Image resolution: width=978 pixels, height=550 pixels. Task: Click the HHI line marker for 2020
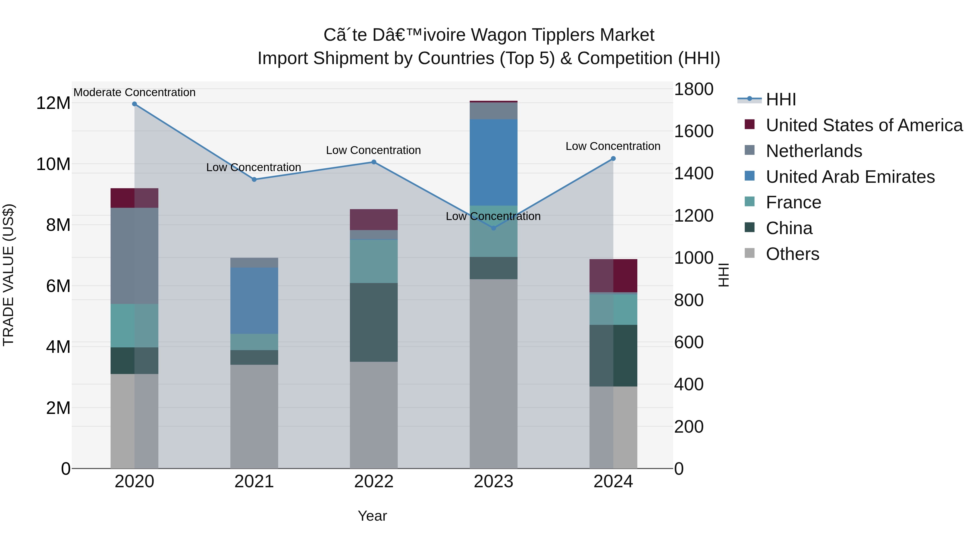134,104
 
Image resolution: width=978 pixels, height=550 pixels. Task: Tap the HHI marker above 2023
494,228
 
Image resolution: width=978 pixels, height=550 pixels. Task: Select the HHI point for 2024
613,159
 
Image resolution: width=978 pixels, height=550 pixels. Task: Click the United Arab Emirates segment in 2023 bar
494,162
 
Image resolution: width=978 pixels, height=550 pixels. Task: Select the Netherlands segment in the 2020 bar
134,256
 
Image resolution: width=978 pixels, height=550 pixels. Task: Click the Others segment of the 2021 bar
254,416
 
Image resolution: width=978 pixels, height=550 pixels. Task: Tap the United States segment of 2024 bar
613,276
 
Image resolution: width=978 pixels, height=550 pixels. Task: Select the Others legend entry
792,254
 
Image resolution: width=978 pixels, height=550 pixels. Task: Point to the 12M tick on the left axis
53,103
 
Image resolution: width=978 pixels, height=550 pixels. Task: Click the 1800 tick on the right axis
694,90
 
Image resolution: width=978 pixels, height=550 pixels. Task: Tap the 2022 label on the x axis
374,482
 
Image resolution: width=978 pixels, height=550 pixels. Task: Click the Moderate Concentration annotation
134,92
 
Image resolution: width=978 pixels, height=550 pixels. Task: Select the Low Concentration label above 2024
613,146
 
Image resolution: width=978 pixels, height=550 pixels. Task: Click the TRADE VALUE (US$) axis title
8,275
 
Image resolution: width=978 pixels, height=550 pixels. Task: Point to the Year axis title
372,516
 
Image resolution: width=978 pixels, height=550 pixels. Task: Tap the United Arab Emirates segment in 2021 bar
254,301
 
